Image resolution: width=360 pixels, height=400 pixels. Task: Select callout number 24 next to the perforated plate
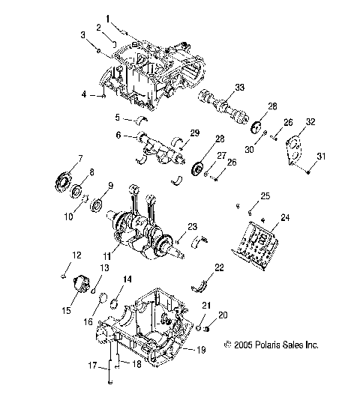click(x=284, y=218)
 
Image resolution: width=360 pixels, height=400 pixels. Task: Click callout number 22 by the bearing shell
click(x=219, y=267)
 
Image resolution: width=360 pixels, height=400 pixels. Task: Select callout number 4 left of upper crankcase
click(x=84, y=94)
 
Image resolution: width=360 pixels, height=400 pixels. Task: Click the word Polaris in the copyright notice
click(x=271, y=345)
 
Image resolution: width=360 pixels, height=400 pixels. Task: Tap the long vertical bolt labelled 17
click(x=110, y=366)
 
